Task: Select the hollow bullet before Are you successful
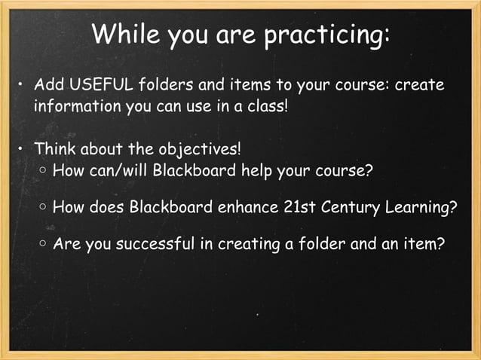click(44, 245)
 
